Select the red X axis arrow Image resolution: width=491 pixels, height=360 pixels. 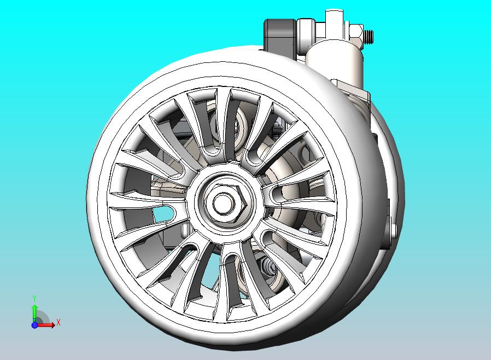[47, 325]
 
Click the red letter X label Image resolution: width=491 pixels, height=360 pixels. [59, 322]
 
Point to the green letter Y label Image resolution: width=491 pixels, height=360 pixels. [34, 298]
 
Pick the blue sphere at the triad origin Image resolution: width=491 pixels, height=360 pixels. [34, 325]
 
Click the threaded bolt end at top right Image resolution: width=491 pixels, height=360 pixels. [370, 36]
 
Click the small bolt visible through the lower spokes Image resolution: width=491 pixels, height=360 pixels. [270, 266]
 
